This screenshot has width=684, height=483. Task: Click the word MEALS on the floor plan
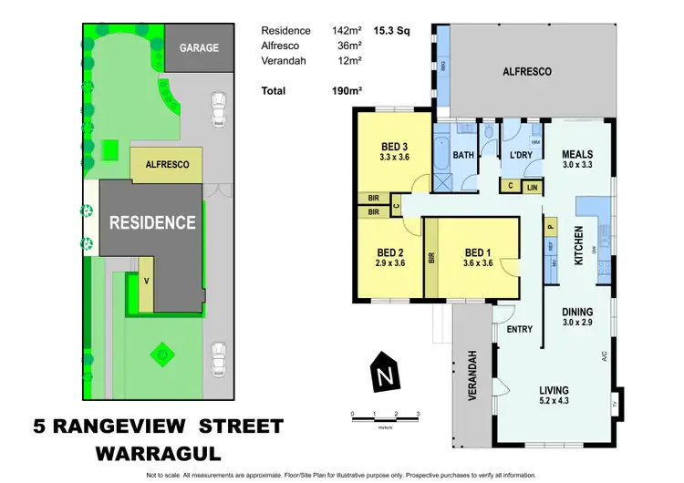577,154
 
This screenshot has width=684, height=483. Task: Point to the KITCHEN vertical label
577,247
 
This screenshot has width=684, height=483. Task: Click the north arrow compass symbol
387,370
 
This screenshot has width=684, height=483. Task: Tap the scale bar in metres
385,415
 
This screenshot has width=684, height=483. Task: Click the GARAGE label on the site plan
198,47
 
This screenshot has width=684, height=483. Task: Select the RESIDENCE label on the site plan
152,221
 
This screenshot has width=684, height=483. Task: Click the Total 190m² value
345,91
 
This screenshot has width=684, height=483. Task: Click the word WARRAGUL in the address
157,453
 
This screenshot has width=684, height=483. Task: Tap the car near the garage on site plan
218,109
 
